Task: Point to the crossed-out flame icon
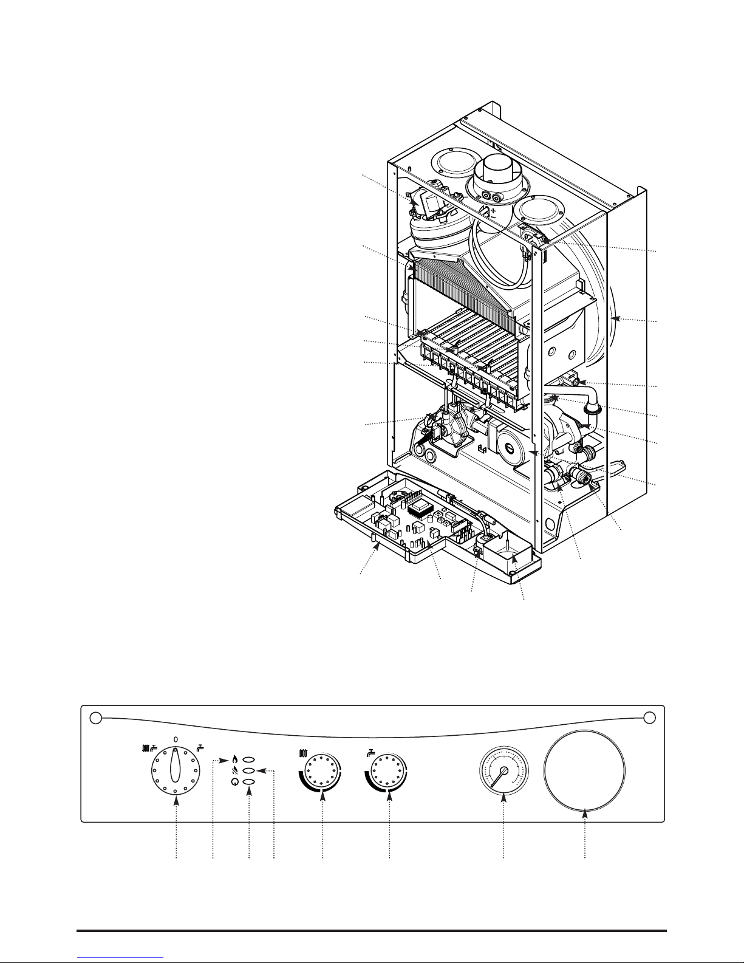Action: (235, 772)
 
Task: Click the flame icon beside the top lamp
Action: (235, 760)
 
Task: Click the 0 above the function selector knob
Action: (176, 739)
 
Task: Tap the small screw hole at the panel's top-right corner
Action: (649, 718)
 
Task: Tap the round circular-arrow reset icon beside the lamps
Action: (235, 783)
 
